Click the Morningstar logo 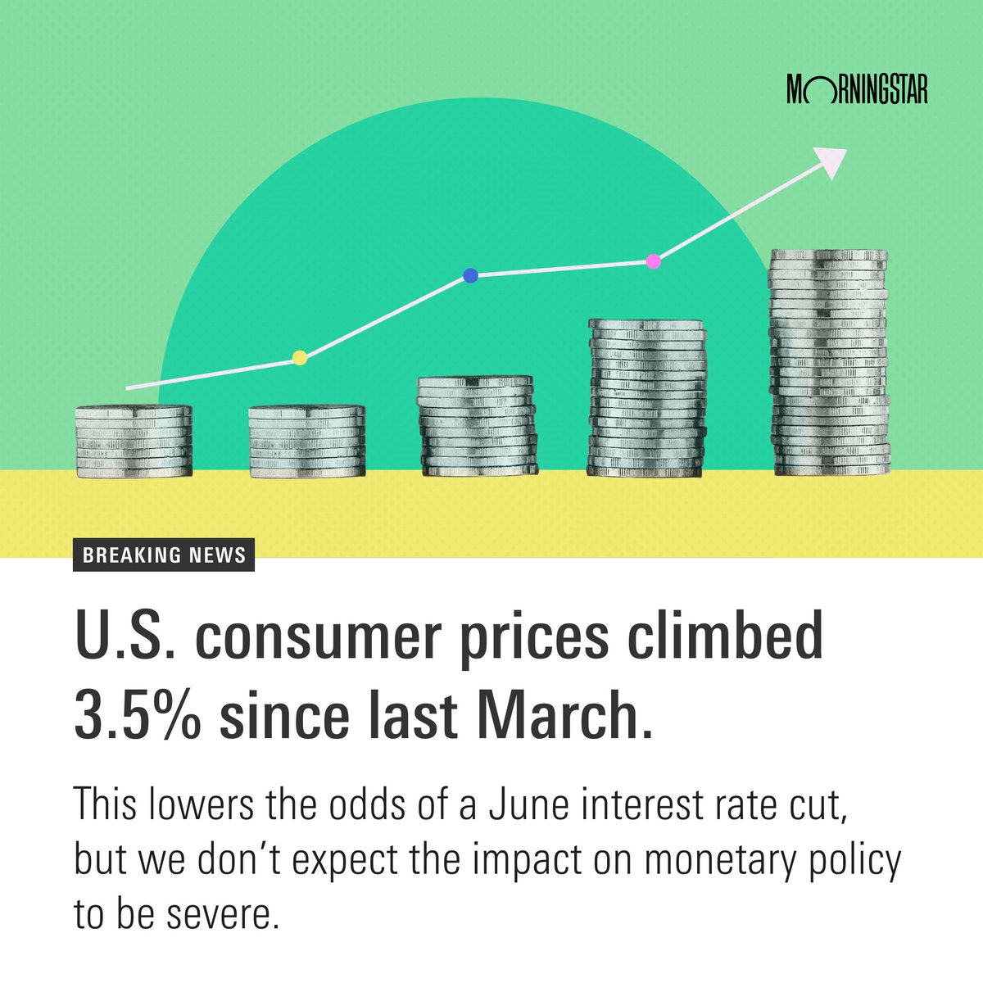coord(856,89)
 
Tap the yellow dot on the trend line coord(300,357)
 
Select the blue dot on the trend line coord(470,276)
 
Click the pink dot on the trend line coord(653,261)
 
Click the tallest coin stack coord(829,363)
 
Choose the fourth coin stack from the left coord(646,398)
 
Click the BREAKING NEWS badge coord(164,555)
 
